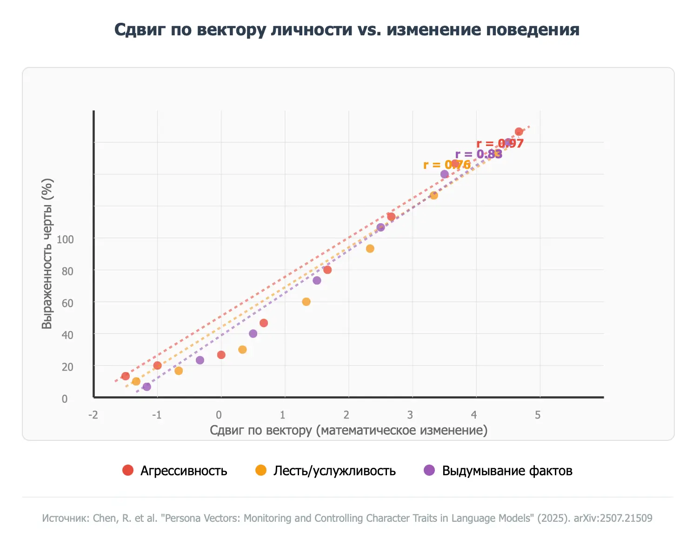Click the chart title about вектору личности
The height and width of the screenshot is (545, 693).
346,29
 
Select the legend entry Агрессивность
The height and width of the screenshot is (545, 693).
184,471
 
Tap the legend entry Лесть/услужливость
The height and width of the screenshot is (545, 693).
334,471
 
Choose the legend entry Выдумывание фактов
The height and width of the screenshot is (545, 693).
506,471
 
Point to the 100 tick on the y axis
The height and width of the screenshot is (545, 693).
65,239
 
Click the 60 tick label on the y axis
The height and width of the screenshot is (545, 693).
67,303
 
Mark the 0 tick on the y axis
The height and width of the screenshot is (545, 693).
65,399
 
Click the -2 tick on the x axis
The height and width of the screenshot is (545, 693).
93,415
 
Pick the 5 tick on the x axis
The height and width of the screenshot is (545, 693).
538,415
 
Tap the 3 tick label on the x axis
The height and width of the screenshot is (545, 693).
410,415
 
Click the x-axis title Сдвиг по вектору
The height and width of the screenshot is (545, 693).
348,430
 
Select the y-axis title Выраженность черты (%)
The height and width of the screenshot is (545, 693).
47,254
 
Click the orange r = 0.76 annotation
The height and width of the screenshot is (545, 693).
446,165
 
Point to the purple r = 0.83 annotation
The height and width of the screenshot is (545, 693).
479,154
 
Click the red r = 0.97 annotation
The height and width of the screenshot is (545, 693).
500,143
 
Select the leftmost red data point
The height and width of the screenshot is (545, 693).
126,376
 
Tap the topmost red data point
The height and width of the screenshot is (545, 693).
519,132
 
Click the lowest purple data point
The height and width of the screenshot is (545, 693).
147,387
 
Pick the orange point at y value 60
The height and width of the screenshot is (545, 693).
306,302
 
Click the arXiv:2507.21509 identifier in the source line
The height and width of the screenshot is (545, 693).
613,518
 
